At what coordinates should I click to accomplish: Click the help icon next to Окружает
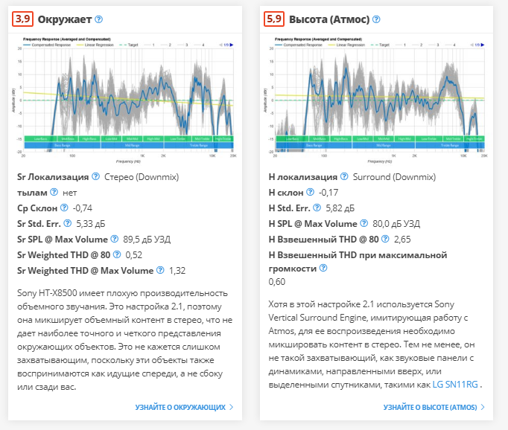point(98,19)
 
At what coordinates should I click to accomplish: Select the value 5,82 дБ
point(343,208)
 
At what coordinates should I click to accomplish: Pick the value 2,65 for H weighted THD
point(402,239)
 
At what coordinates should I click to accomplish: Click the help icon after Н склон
point(311,192)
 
